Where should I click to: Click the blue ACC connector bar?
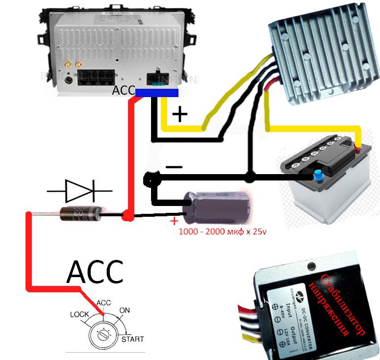[x=156, y=93]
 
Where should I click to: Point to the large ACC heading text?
[x=95, y=272]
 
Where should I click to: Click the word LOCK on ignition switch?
[x=80, y=314]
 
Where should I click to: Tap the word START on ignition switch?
[x=132, y=339]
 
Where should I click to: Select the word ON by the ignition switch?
[x=125, y=310]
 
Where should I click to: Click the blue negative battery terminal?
[x=319, y=175]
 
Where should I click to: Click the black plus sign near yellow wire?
[x=180, y=115]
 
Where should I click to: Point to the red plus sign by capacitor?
[x=174, y=221]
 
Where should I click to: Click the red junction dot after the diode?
[x=127, y=215]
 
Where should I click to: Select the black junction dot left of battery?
[x=250, y=175]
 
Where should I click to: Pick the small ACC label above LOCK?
[x=104, y=303]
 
